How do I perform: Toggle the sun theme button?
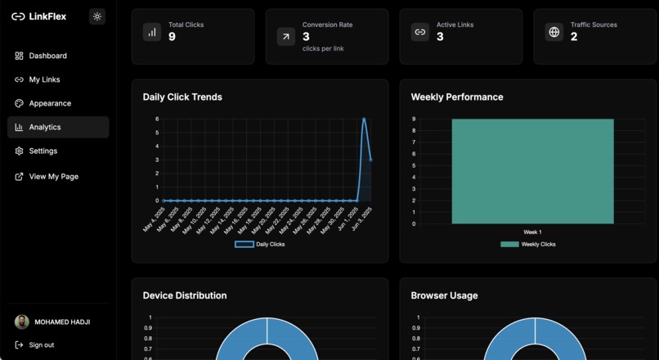tap(97, 16)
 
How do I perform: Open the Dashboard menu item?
tap(47, 56)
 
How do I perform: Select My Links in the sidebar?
tap(44, 79)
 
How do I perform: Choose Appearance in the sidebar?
tap(50, 103)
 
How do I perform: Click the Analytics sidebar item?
tap(45, 127)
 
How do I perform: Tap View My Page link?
tap(53, 176)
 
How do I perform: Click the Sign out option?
tap(41, 344)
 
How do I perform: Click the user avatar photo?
tap(22, 322)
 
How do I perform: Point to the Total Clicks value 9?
tap(172, 37)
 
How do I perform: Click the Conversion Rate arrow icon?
tap(286, 36)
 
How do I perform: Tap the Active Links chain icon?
tap(419, 33)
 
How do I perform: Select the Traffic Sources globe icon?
tap(554, 33)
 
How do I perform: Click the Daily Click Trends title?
tap(182, 97)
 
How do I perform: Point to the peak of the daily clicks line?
tap(364, 119)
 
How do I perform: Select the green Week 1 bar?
tap(532, 171)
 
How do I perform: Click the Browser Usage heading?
tap(444, 295)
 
